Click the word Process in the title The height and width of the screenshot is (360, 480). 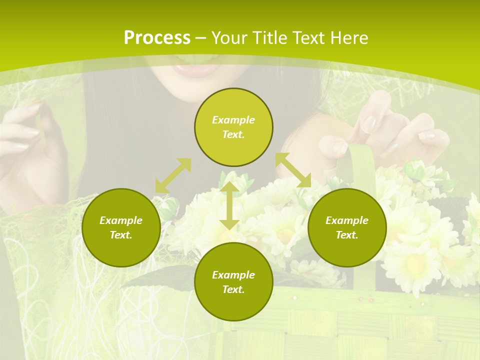pos(157,38)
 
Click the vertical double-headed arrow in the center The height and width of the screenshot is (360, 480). pos(229,205)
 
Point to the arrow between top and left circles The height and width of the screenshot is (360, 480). pos(173,175)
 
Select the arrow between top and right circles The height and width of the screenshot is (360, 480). pos(293,170)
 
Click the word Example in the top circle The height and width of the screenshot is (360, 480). pos(233,120)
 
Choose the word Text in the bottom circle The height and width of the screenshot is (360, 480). pos(233,289)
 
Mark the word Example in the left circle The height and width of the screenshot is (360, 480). pos(121,220)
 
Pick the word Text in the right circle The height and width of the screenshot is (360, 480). pos(347,235)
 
